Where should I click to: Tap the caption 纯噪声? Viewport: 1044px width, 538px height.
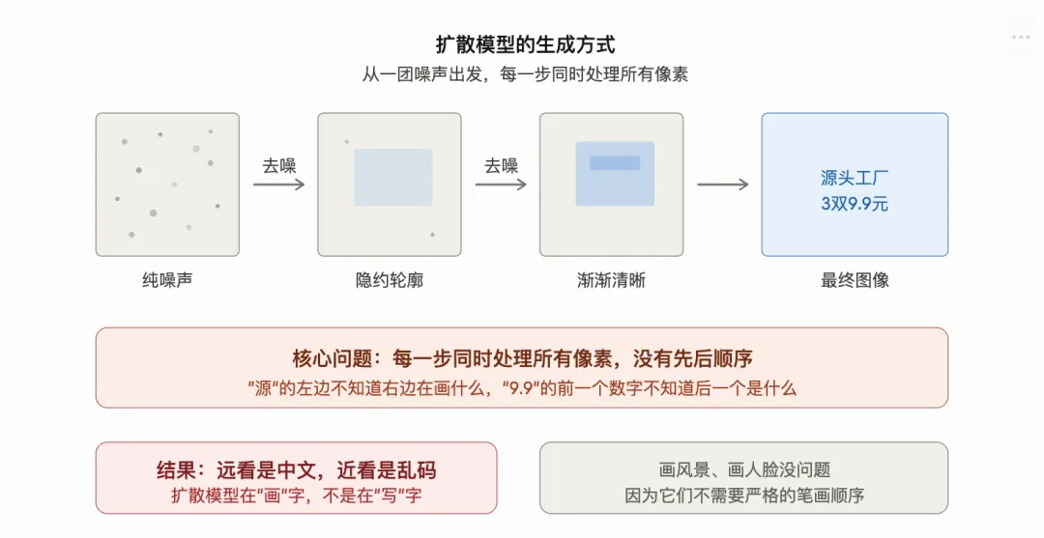click(x=167, y=281)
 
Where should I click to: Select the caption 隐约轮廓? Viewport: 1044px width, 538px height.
click(x=390, y=281)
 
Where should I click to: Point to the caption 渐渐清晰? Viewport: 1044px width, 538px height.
click(x=611, y=281)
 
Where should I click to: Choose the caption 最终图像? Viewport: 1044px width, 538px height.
click(x=855, y=281)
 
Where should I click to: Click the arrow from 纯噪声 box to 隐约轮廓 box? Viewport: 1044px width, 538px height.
click(x=278, y=184)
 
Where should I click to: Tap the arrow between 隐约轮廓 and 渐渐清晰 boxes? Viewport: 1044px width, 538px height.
click(x=501, y=184)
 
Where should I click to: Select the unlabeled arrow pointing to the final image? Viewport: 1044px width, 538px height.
click(x=722, y=184)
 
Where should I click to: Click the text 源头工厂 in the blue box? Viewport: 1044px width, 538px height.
click(x=855, y=178)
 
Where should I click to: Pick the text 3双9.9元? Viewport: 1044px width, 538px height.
click(x=855, y=204)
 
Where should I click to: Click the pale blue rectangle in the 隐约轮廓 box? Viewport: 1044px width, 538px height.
click(x=392, y=178)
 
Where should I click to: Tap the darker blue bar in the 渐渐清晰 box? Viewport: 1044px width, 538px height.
click(x=615, y=163)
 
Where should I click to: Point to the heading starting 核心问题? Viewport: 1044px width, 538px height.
click(x=522, y=359)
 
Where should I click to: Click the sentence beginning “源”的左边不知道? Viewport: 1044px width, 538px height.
click(x=522, y=388)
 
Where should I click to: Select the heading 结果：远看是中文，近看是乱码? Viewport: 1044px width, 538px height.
click(x=296, y=470)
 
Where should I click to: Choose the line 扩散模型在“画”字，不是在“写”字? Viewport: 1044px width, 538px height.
click(x=296, y=496)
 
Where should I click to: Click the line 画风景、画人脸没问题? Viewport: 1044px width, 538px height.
click(x=744, y=470)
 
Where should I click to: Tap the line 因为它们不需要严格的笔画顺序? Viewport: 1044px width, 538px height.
click(x=744, y=496)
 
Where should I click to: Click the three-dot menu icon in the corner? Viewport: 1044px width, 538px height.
click(x=1021, y=37)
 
